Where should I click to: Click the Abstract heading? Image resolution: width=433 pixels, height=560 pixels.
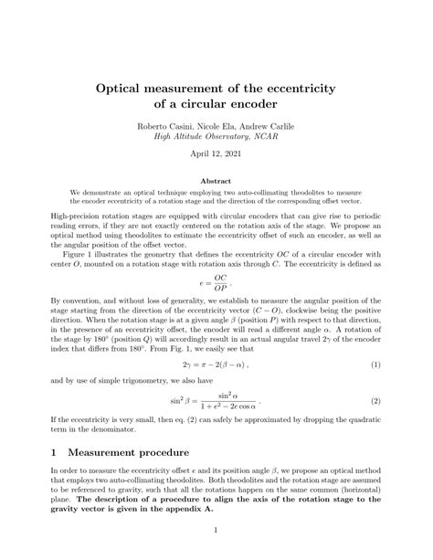(x=216, y=181)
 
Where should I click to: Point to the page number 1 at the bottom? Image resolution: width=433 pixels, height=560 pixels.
(x=216, y=528)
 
